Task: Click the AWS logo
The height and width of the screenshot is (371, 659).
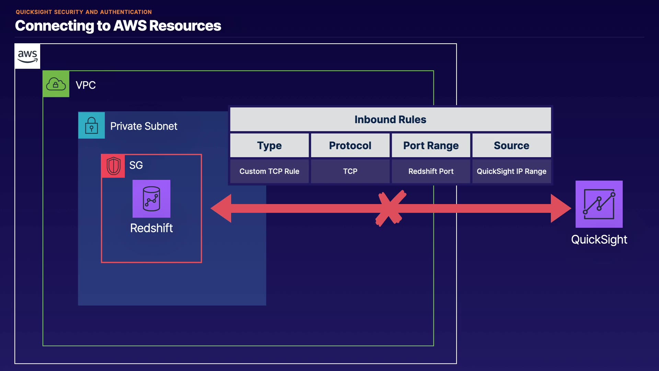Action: click(27, 56)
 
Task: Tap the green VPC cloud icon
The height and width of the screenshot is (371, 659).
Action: click(56, 84)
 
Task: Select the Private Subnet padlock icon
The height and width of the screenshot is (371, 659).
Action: click(92, 125)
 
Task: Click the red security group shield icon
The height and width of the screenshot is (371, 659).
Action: click(113, 166)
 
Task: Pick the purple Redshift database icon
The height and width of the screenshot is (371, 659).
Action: click(151, 199)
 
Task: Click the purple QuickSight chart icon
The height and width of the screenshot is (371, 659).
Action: click(599, 204)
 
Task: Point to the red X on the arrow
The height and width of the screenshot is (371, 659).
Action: click(391, 209)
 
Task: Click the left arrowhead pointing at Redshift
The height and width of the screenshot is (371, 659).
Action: click(221, 209)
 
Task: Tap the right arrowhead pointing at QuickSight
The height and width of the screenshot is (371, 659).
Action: click(560, 209)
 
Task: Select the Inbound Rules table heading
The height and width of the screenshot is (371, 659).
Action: click(390, 120)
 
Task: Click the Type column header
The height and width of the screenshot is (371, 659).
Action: click(269, 146)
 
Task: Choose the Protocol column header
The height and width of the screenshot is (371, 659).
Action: click(350, 146)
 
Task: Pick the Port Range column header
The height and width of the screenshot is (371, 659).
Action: click(431, 146)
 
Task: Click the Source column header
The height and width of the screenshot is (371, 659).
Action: click(511, 146)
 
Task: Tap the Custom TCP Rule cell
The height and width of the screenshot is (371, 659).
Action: click(269, 171)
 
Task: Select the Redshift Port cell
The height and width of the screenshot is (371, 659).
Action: click(431, 171)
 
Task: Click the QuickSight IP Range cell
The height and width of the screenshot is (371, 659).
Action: click(511, 171)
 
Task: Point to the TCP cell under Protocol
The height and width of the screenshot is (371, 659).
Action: click(350, 171)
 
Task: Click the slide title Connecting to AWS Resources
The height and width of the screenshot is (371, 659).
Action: click(118, 26)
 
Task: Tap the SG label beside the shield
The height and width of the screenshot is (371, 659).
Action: click(136, 165)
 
